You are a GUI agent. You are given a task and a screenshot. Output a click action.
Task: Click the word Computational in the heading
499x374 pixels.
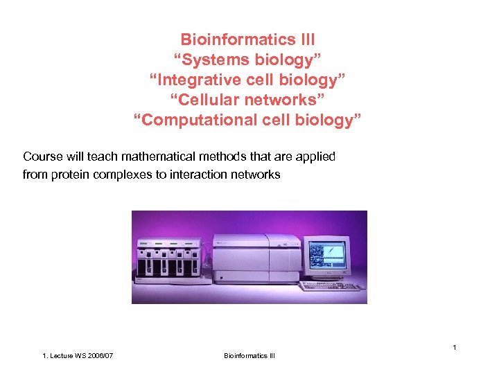[191, 120]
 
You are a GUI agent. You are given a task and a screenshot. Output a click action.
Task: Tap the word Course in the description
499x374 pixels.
[42, 157]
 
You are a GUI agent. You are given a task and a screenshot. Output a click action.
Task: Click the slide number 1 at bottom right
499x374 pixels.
[454, 346]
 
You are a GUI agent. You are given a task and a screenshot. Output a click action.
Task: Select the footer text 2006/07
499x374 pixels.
[98, 356]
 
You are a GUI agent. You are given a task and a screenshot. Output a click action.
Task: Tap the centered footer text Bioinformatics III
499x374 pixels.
[249, 356]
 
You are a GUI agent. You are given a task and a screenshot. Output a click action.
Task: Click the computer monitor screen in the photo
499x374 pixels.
[326, 255]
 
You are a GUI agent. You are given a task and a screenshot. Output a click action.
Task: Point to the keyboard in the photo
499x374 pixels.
[331, 285]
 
